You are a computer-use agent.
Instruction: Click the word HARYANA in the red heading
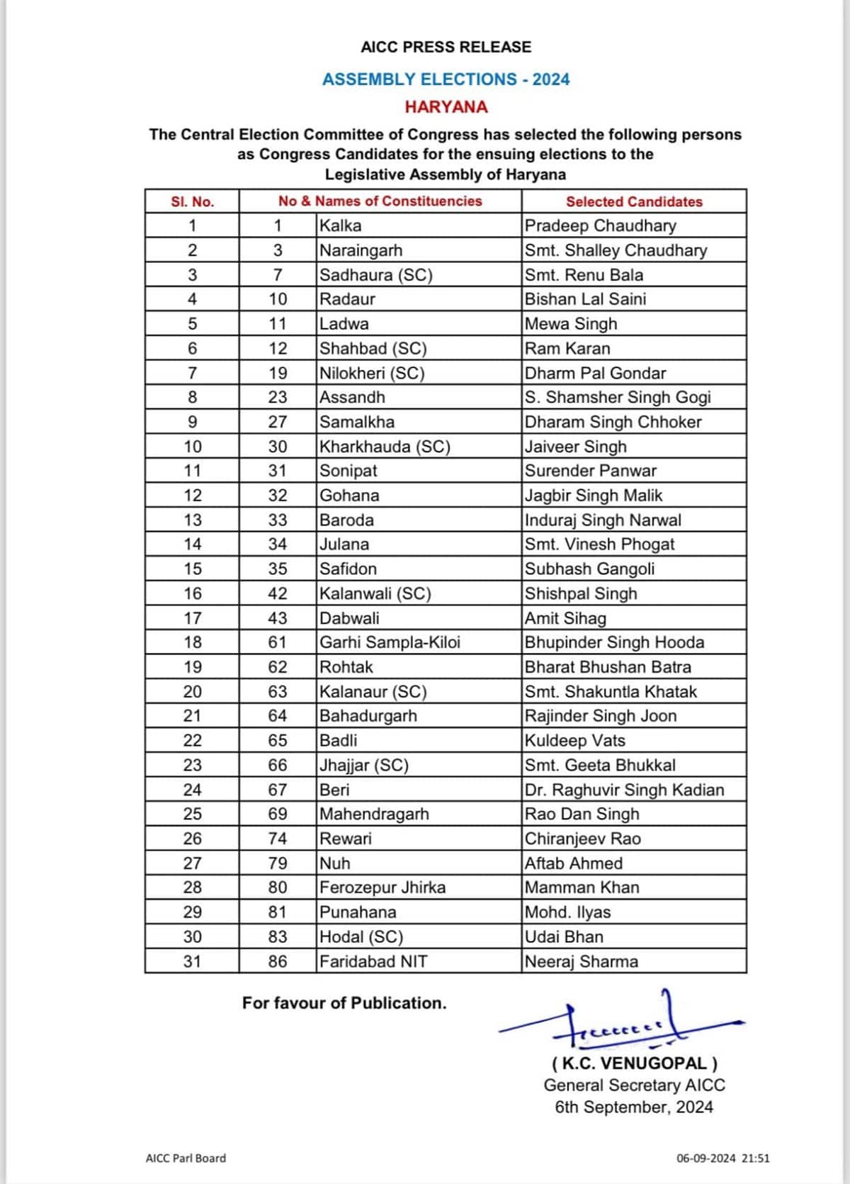[446, 107]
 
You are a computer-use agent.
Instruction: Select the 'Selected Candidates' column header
[634, 201]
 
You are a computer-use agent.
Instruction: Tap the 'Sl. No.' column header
[192, 201]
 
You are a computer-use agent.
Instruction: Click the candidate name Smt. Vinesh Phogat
[599, 544]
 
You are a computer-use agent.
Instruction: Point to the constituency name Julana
[344, 544]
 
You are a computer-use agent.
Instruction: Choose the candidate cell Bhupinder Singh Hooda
[614, 642]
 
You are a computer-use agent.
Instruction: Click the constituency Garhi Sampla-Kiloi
[390, 642]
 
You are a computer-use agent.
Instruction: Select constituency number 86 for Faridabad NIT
[278, 961]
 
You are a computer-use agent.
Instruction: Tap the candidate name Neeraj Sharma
[582, 961]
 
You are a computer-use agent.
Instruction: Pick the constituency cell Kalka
[341, 225]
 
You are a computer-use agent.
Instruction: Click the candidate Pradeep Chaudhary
[601, 225]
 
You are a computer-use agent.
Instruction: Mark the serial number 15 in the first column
[192, 569]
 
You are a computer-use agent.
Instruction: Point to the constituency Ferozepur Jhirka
[382, 888]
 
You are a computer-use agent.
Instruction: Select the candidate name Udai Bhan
[565, 937]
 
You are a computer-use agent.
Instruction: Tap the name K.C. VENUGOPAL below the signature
[634, 1063]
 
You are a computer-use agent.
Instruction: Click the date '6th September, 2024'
[634, 1107]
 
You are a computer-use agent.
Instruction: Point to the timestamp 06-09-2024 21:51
[722, 1158]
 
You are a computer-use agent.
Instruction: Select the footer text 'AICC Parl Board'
[186, 1158]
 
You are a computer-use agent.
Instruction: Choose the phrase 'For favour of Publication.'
[344, 1003]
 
